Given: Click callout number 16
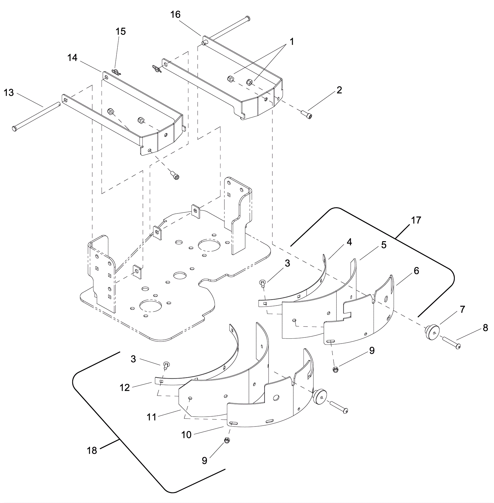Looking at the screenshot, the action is point(175,15).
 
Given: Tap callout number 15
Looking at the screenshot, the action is point(121,31).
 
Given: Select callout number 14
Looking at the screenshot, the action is point(73,57).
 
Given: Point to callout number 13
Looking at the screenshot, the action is point(9,93).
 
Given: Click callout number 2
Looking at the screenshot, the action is point(339,90).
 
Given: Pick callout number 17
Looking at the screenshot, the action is point(416,220).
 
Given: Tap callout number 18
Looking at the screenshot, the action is point(92,451).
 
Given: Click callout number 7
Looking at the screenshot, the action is point(462,309).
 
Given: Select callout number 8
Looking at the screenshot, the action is point(485,328).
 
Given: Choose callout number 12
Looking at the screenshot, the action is point(125,388).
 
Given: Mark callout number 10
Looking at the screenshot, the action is point(186,435).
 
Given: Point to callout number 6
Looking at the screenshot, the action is point(416,271).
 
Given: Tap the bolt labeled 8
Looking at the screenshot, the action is point(451,343).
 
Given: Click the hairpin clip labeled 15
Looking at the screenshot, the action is point(115,72).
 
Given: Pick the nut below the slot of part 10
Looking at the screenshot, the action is point(226,440).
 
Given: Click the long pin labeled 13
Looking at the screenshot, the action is point(36,116).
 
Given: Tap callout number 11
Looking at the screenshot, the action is point(152,417).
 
